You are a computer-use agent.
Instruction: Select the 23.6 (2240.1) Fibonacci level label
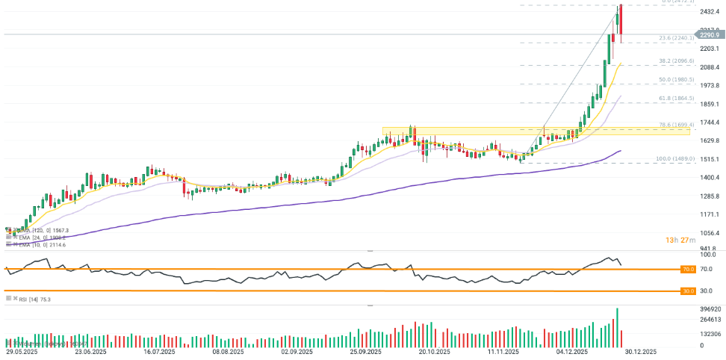(x=677, y=38)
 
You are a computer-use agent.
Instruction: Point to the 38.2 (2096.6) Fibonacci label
(x=677, y=60)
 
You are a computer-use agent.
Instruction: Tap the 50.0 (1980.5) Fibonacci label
(x=677, y=79)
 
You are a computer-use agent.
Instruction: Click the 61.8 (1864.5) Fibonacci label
(x=677, y=98)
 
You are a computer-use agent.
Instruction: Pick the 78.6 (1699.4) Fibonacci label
(x=677, y=125)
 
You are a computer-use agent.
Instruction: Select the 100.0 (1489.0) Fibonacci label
(x=676, y=158)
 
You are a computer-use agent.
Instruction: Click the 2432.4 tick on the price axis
(x=710, y=12)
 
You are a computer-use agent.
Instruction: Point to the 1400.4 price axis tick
(x=710, y=177)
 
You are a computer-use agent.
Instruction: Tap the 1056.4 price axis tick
(x=710, y=232)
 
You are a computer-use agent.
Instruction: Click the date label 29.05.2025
(x=22, y=351)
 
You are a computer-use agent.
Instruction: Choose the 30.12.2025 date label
(x=640, y=351)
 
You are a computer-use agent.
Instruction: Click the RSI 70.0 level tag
(x=687, y=268)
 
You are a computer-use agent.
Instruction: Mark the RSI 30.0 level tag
(x=687, y=291)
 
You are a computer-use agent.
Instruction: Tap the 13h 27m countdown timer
(x=681, y=240)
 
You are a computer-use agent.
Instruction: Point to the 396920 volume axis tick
(x=710, y=308)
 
